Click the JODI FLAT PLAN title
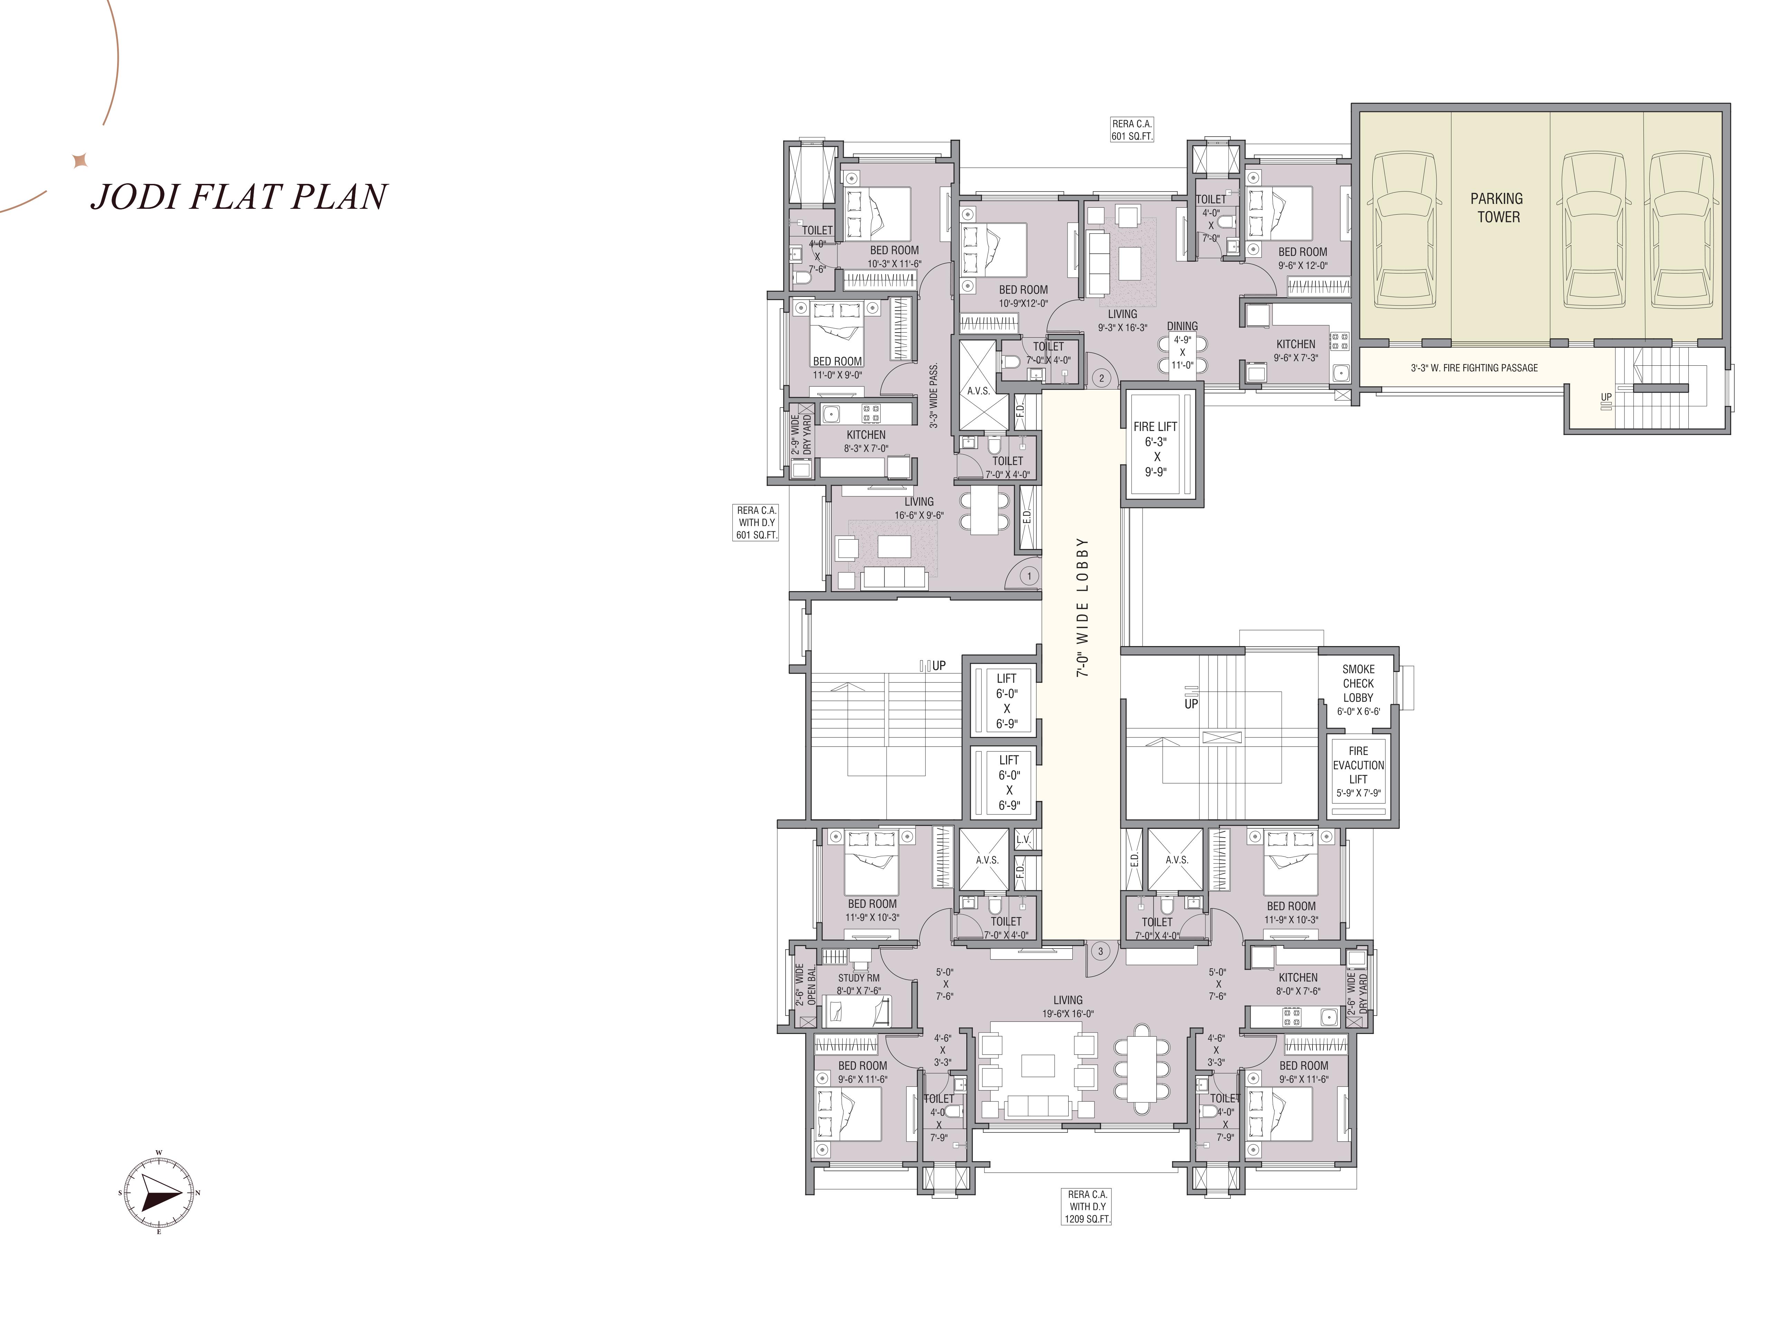pos(239,197)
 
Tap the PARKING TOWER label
pos(1497,207)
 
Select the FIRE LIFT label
pos(1155,426)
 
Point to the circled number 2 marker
pos(1101,377)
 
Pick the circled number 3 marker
pos(1100,951)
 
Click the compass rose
pos(159,1193)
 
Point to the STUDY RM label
pos(858,978)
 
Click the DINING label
pos(1182,326)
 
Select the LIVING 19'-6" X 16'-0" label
pos(1068,1006)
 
